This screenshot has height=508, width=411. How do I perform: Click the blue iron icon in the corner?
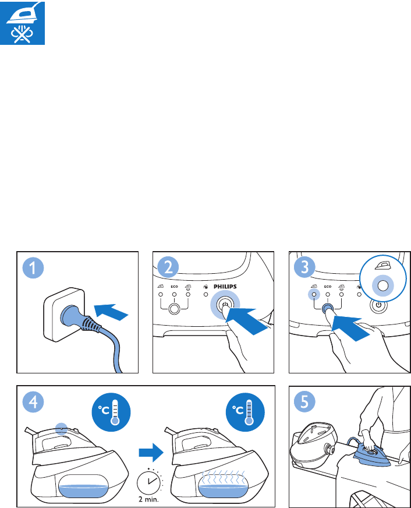pyautogui.click(x=22, y=22)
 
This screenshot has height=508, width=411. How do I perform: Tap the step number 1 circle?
pyautogui.click(x=33, y=268)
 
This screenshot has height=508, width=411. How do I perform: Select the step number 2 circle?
pyautogui.click(x=168, y=267)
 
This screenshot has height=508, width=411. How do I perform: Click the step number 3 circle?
pyautogui.click(x=304, y=267)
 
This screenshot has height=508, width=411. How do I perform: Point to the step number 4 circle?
pyautogui.click(x=33, y=402)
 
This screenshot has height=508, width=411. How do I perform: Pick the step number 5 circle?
pyautogui.click(x=304, y=401)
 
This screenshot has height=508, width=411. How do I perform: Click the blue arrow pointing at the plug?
pyautogui.click(x=111, y=312)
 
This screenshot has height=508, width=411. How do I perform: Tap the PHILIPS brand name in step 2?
pyautogui.click(x=225, y=287)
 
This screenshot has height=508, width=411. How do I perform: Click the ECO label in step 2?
pyautogui.click(x=175, y=287)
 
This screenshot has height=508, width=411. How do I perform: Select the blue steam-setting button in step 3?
pyautogui.click(x=328, y=308)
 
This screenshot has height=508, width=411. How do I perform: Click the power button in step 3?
pyautogui.click(x=378, y=305)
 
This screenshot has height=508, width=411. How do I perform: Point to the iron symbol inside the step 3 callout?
pyautogui.click(x=382, y=266)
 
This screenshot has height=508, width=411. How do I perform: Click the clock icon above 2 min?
pyautogui.click(x=149, y=481)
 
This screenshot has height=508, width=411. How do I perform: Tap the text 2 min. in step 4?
pyautogui.click(x=148, y=499)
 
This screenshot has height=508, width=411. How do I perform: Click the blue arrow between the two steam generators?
pyautogui.click(x=151, y=452)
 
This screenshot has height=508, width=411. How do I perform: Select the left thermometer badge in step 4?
pyautogui.click(x=111, y=412)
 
